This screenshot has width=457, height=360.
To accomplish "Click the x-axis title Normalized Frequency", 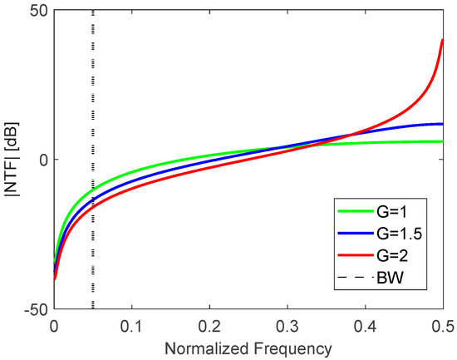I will pos(248,345).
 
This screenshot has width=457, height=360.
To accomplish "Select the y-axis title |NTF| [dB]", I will pos(12,160).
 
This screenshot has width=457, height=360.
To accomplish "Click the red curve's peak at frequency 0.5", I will pos(442,40).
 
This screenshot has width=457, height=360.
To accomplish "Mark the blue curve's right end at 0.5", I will pos(442,124).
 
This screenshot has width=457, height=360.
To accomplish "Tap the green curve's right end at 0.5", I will pos(442,141).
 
